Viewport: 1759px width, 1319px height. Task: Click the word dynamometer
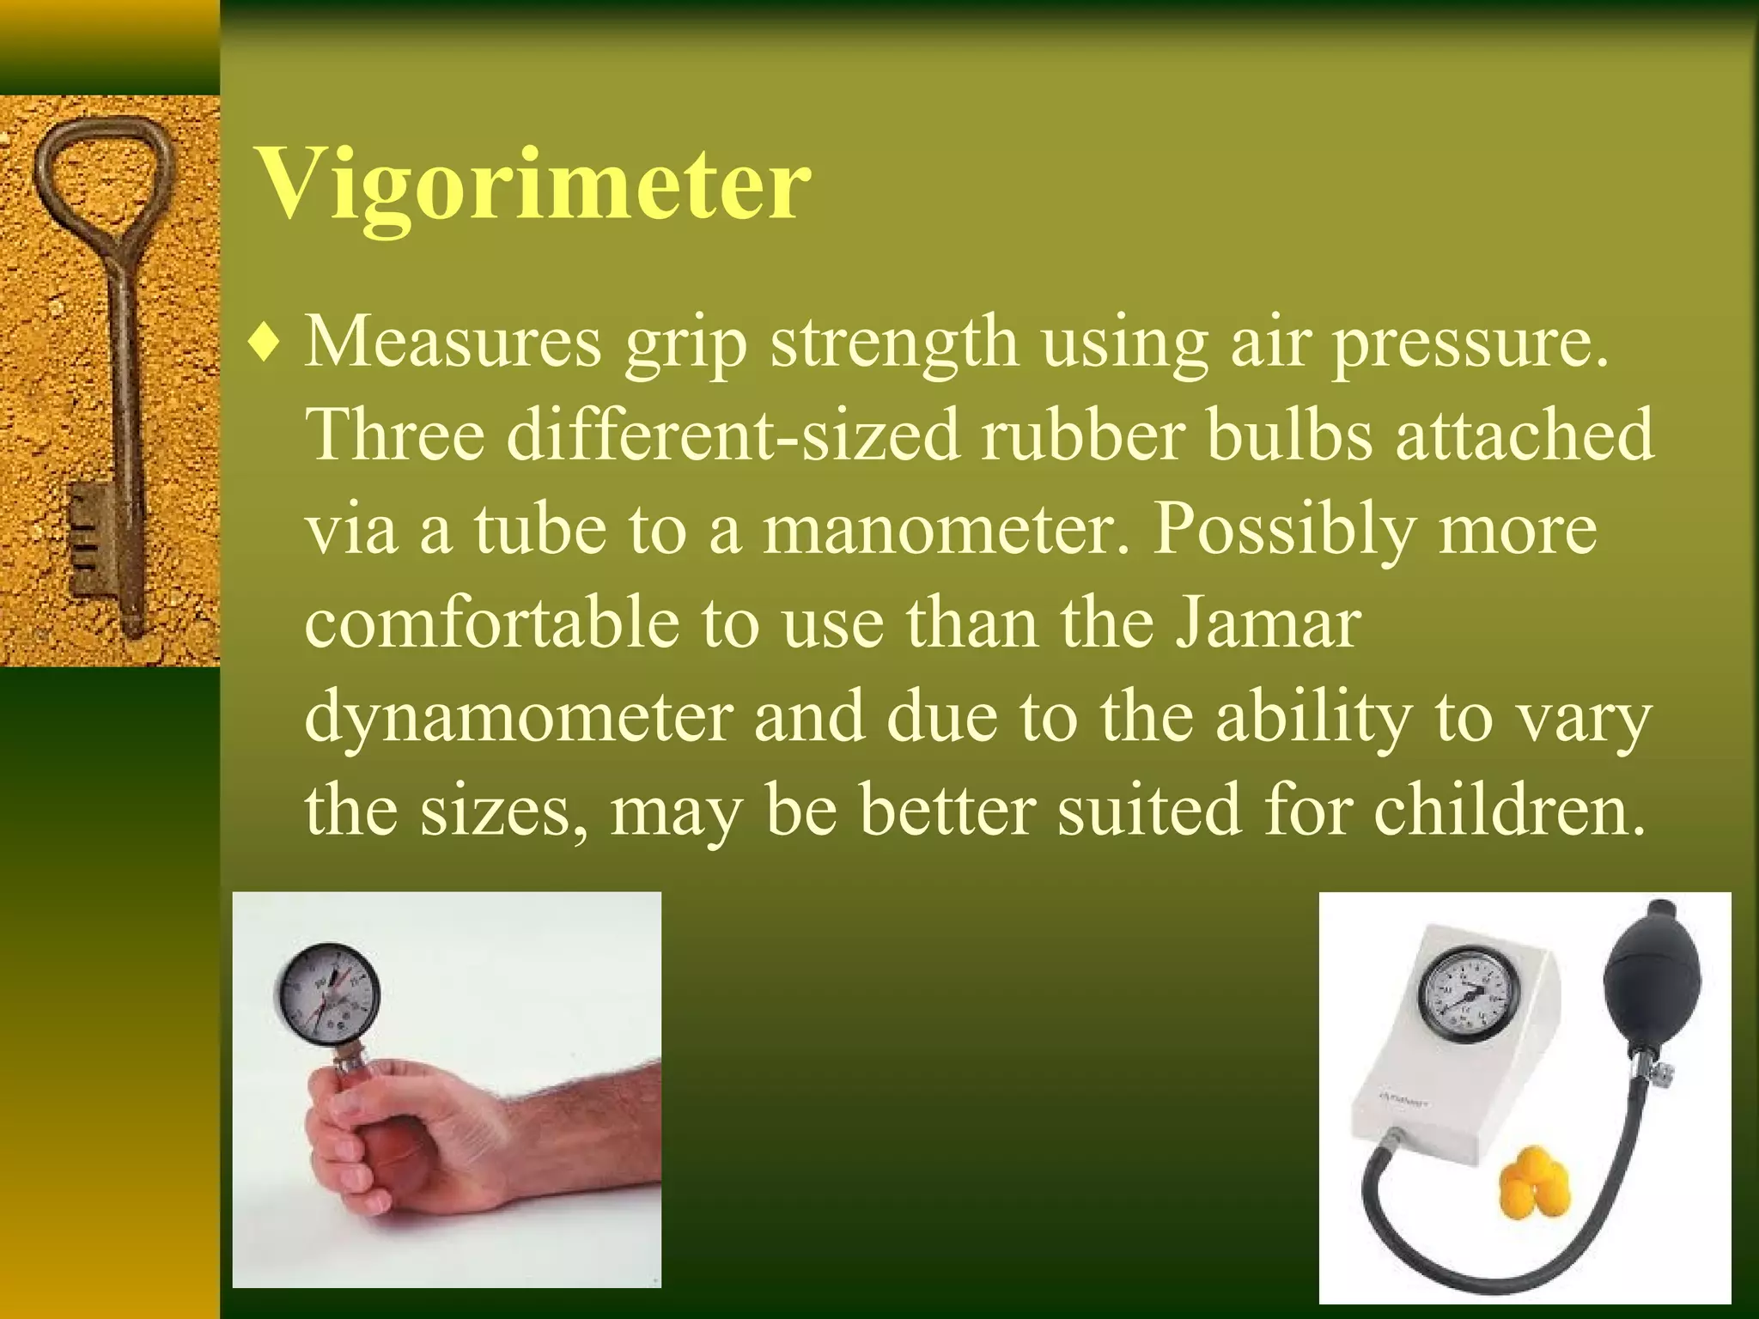[x=519, y=716]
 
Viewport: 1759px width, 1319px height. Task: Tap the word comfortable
[x=490, y=623]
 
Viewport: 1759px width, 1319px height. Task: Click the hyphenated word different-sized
[x=732, y=435]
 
